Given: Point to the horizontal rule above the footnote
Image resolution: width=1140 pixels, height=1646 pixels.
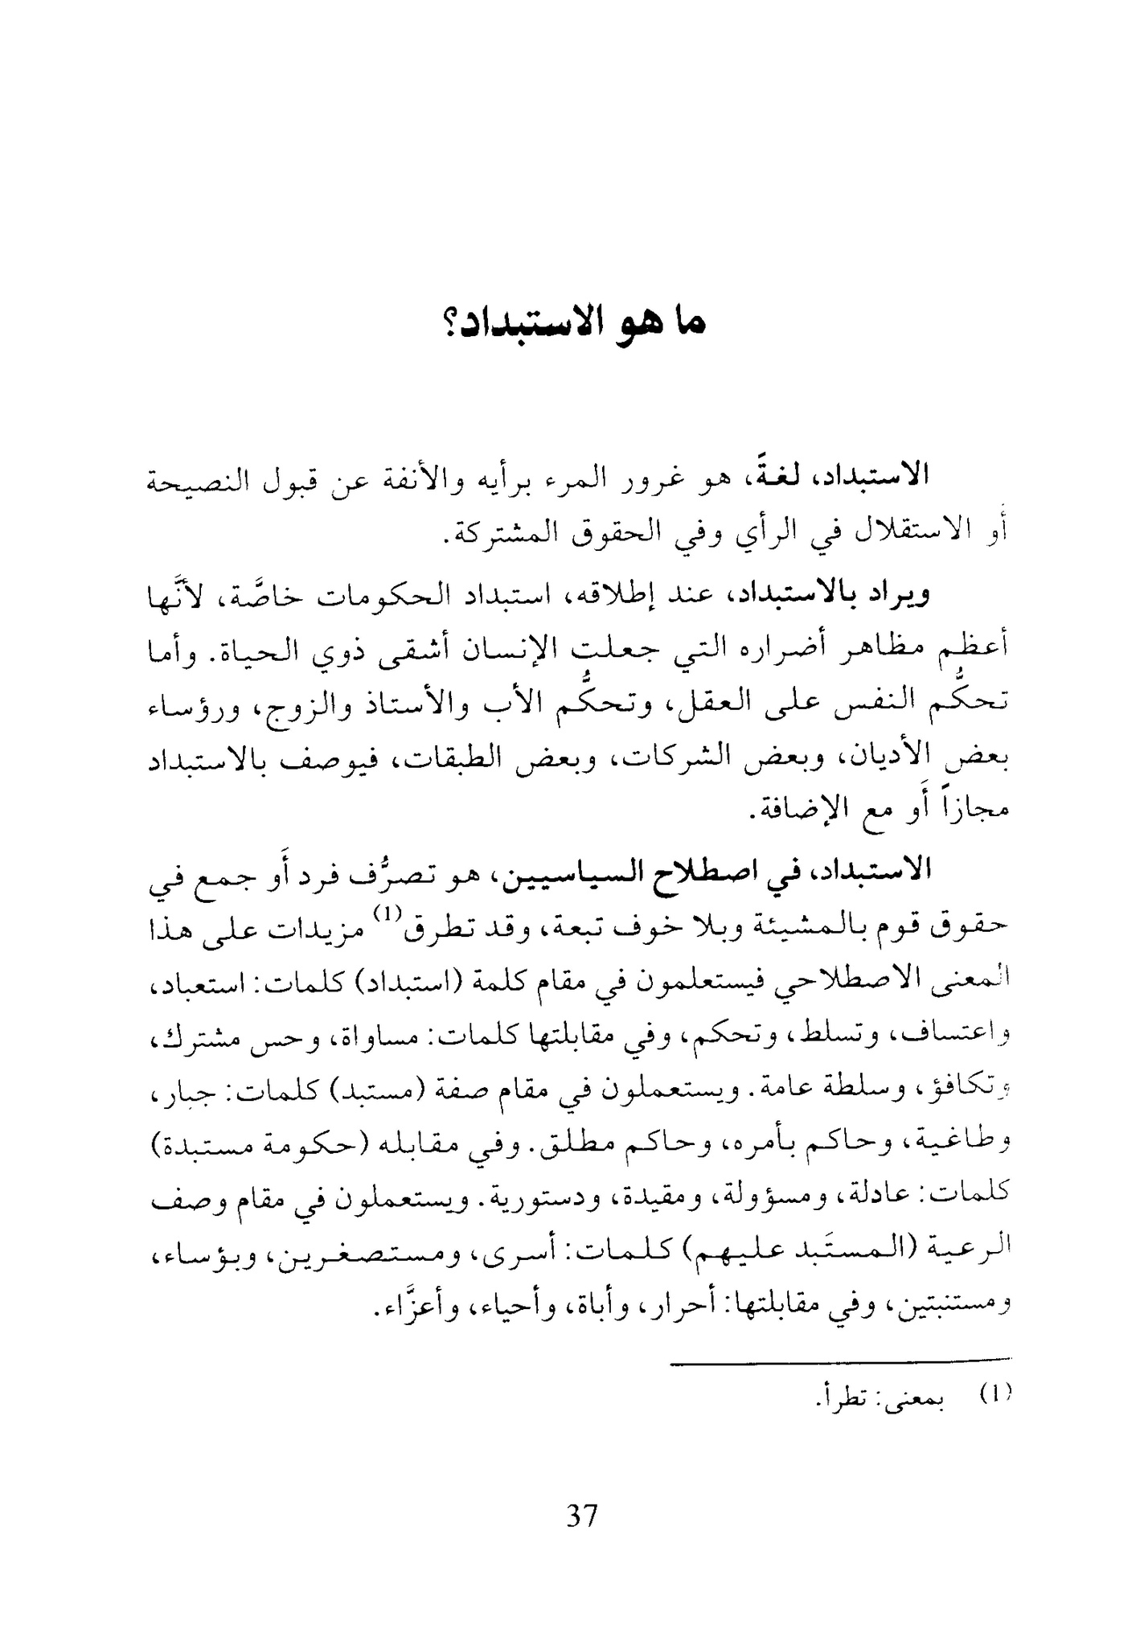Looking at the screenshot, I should tap(839, 1365).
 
